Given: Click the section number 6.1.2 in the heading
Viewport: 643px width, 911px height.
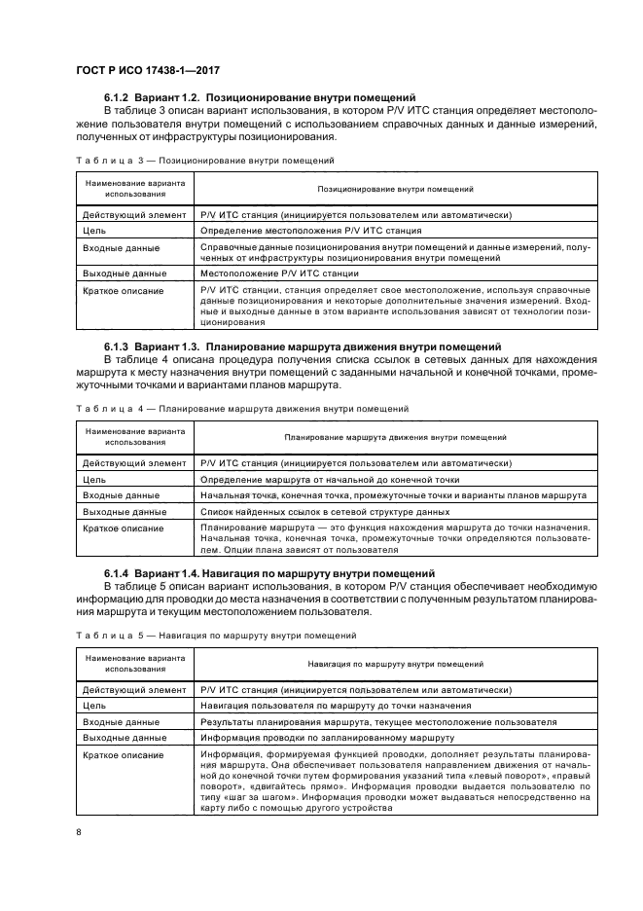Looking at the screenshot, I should (x=120, y=97).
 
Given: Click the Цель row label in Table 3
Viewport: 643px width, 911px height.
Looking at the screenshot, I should (x=94, y=232).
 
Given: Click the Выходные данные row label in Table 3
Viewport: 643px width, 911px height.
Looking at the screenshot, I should (x=118, y=273).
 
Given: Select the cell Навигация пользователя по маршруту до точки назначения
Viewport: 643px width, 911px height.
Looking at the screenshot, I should (x=336, y=707).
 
